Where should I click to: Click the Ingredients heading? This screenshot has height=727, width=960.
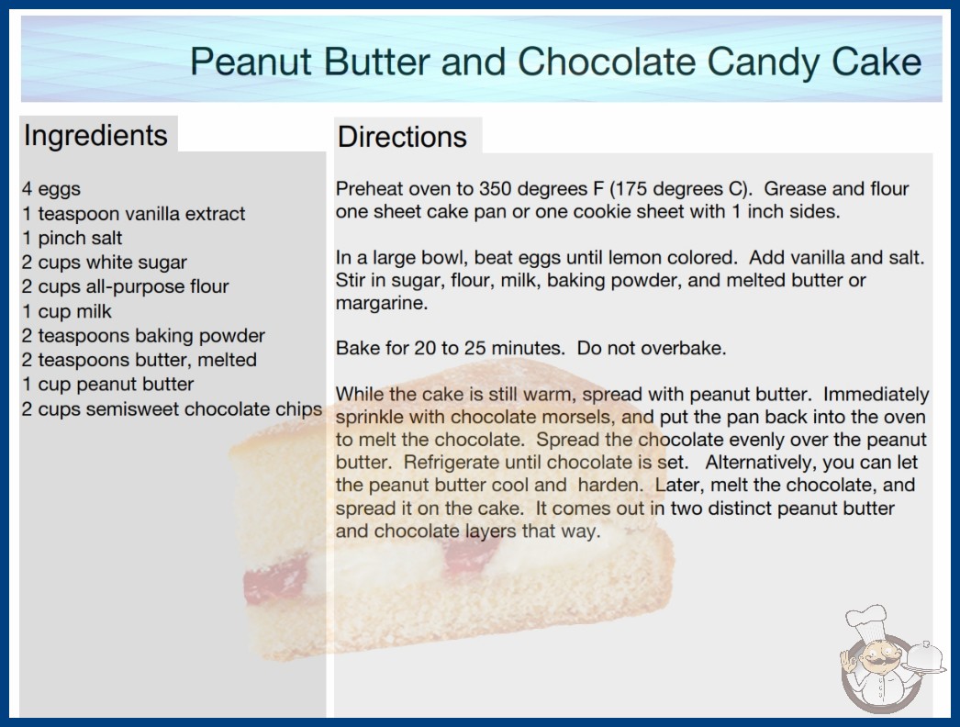(x=95, y=135)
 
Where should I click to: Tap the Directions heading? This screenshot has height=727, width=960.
(x=402, y=137)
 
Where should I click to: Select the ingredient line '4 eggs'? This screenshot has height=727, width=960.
(x=51, y=189)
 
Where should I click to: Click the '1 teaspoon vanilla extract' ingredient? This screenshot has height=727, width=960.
(x=133, y=214)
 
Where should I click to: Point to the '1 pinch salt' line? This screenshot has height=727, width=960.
(x=73, y=238)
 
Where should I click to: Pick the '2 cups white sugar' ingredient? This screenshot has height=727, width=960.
(x=104, y=263)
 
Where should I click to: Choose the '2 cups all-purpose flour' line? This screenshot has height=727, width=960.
(x=125, y=286)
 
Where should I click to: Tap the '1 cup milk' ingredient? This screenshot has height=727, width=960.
(x=67, y=311)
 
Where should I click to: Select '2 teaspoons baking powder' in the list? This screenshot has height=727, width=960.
(x=143, y=336)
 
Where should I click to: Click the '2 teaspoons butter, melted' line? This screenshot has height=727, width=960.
(x=139, y=360)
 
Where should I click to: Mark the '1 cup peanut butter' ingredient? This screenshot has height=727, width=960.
(x=107, y=384)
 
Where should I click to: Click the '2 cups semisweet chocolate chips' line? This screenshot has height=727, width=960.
(x=172, y=408)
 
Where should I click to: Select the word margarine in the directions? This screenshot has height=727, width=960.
(x=382, y=303)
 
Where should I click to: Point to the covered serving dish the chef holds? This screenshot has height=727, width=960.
(x=924, y=658)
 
